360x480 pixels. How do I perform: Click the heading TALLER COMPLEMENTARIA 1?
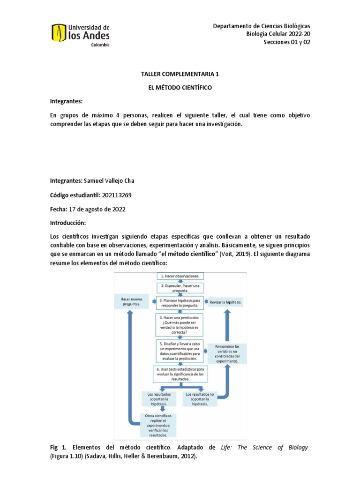click(x=180, y=74)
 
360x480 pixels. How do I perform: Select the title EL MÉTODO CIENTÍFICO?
click(x=180, y=88)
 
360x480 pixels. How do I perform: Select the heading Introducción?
click(x=68, y=223)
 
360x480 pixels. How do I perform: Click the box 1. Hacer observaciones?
click(x=180, y=277)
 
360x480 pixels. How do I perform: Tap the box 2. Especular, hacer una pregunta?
click(x=180, y=287)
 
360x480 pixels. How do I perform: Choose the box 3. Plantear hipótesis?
click(x=180, y=302)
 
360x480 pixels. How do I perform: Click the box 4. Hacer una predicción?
click(x=180, y=324)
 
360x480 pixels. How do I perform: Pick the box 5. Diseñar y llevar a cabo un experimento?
click(x=180, y=351)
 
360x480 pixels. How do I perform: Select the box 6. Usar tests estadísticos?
click(x=180, y=374)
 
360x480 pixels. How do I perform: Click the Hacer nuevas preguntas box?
click(x=131, y=301)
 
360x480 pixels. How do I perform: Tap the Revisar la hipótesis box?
click(x=226, y=302)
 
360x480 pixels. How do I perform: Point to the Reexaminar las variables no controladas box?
click(x=227, y=354)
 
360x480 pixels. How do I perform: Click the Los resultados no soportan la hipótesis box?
click(x=200, y=398)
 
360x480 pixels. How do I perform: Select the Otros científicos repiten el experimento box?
click(x=158, y=425)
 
